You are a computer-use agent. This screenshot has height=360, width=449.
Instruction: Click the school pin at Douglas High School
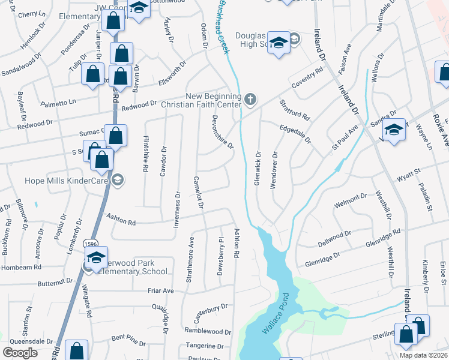point(278,43)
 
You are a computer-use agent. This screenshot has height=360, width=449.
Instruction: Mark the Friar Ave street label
point(160,291)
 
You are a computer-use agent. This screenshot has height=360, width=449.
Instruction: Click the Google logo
point(20,353)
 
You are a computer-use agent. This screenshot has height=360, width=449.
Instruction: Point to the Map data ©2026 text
point(423,355)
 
